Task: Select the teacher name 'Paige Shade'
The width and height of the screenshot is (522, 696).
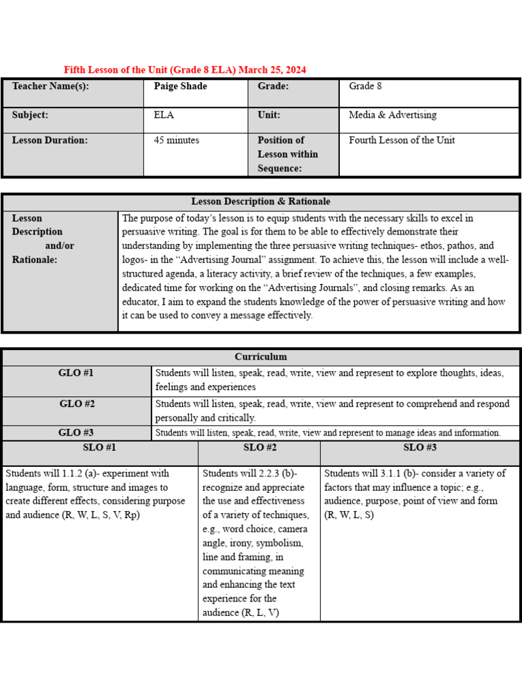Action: pyautogui.click(x=180, y=86)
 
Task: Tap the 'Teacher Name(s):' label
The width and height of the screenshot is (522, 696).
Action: pyautogui.click(x=50, y=86)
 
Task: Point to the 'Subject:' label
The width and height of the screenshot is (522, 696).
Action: pyautogui.click(x=30, y=115)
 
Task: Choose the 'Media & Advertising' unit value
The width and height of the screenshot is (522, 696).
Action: pyautogui.click(x=392, y=115)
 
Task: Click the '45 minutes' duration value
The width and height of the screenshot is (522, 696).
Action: pyautogui.click(x=176, y=140)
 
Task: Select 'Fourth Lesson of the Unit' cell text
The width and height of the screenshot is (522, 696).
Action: pyautogui.click(x=402, y=140)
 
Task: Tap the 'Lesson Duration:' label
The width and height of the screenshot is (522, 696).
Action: pyautogui.click(x=50, y=140)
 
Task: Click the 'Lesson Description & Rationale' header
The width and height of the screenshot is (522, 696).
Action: pyautogui.click(x=260, y=201)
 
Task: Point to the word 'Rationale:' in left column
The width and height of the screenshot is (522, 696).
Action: pyautogui.click(x=35, y=259)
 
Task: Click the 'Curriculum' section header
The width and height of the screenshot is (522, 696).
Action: pyautogui.click(x=260, y=356)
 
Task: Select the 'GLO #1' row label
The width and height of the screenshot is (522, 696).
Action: pyautogui.click(x=77, y=373)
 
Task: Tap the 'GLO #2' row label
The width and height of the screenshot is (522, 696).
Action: pyautogui.click(x=77, y=404)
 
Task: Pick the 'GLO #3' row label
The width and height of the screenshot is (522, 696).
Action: pyautogui.click(x=77, y=432)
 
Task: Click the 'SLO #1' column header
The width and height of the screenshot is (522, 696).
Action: pyautogui.click(x=100, y=447)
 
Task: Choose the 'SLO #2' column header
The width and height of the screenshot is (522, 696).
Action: pyautogui.click(x=260, y=447)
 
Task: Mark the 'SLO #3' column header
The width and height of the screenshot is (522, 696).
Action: pyautogui.click(x=419, y=447)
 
